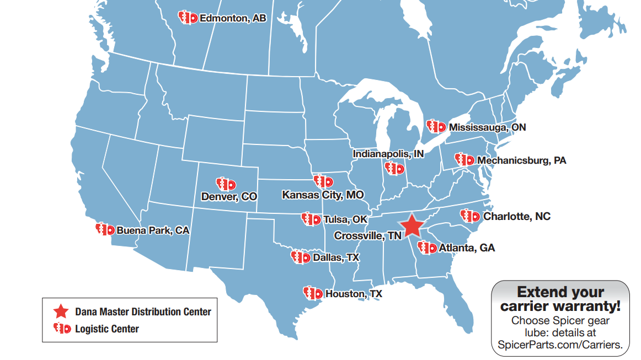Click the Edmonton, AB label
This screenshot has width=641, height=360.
(232, 18)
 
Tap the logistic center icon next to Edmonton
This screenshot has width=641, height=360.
(188, 18)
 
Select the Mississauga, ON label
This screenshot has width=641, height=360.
(487, 127)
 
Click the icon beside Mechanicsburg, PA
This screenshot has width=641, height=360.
(464, 160)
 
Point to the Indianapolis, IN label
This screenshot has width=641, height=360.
(388, 154)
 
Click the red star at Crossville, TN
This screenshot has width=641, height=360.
(411, 226)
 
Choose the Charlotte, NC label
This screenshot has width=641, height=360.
(516, 217)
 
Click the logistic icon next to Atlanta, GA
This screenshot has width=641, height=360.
(427, 248)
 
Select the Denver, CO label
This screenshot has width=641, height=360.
(229, 196)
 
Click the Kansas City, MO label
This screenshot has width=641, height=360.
(323, 195)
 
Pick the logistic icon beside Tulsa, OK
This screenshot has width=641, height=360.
(311, 219)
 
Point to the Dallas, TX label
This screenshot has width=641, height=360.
(335, 257)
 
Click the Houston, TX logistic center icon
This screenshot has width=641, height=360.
(312, 293)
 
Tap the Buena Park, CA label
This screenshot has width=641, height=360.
(152, 230)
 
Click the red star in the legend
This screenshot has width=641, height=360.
(61, 311)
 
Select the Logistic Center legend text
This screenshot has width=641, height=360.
(106, 329)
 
